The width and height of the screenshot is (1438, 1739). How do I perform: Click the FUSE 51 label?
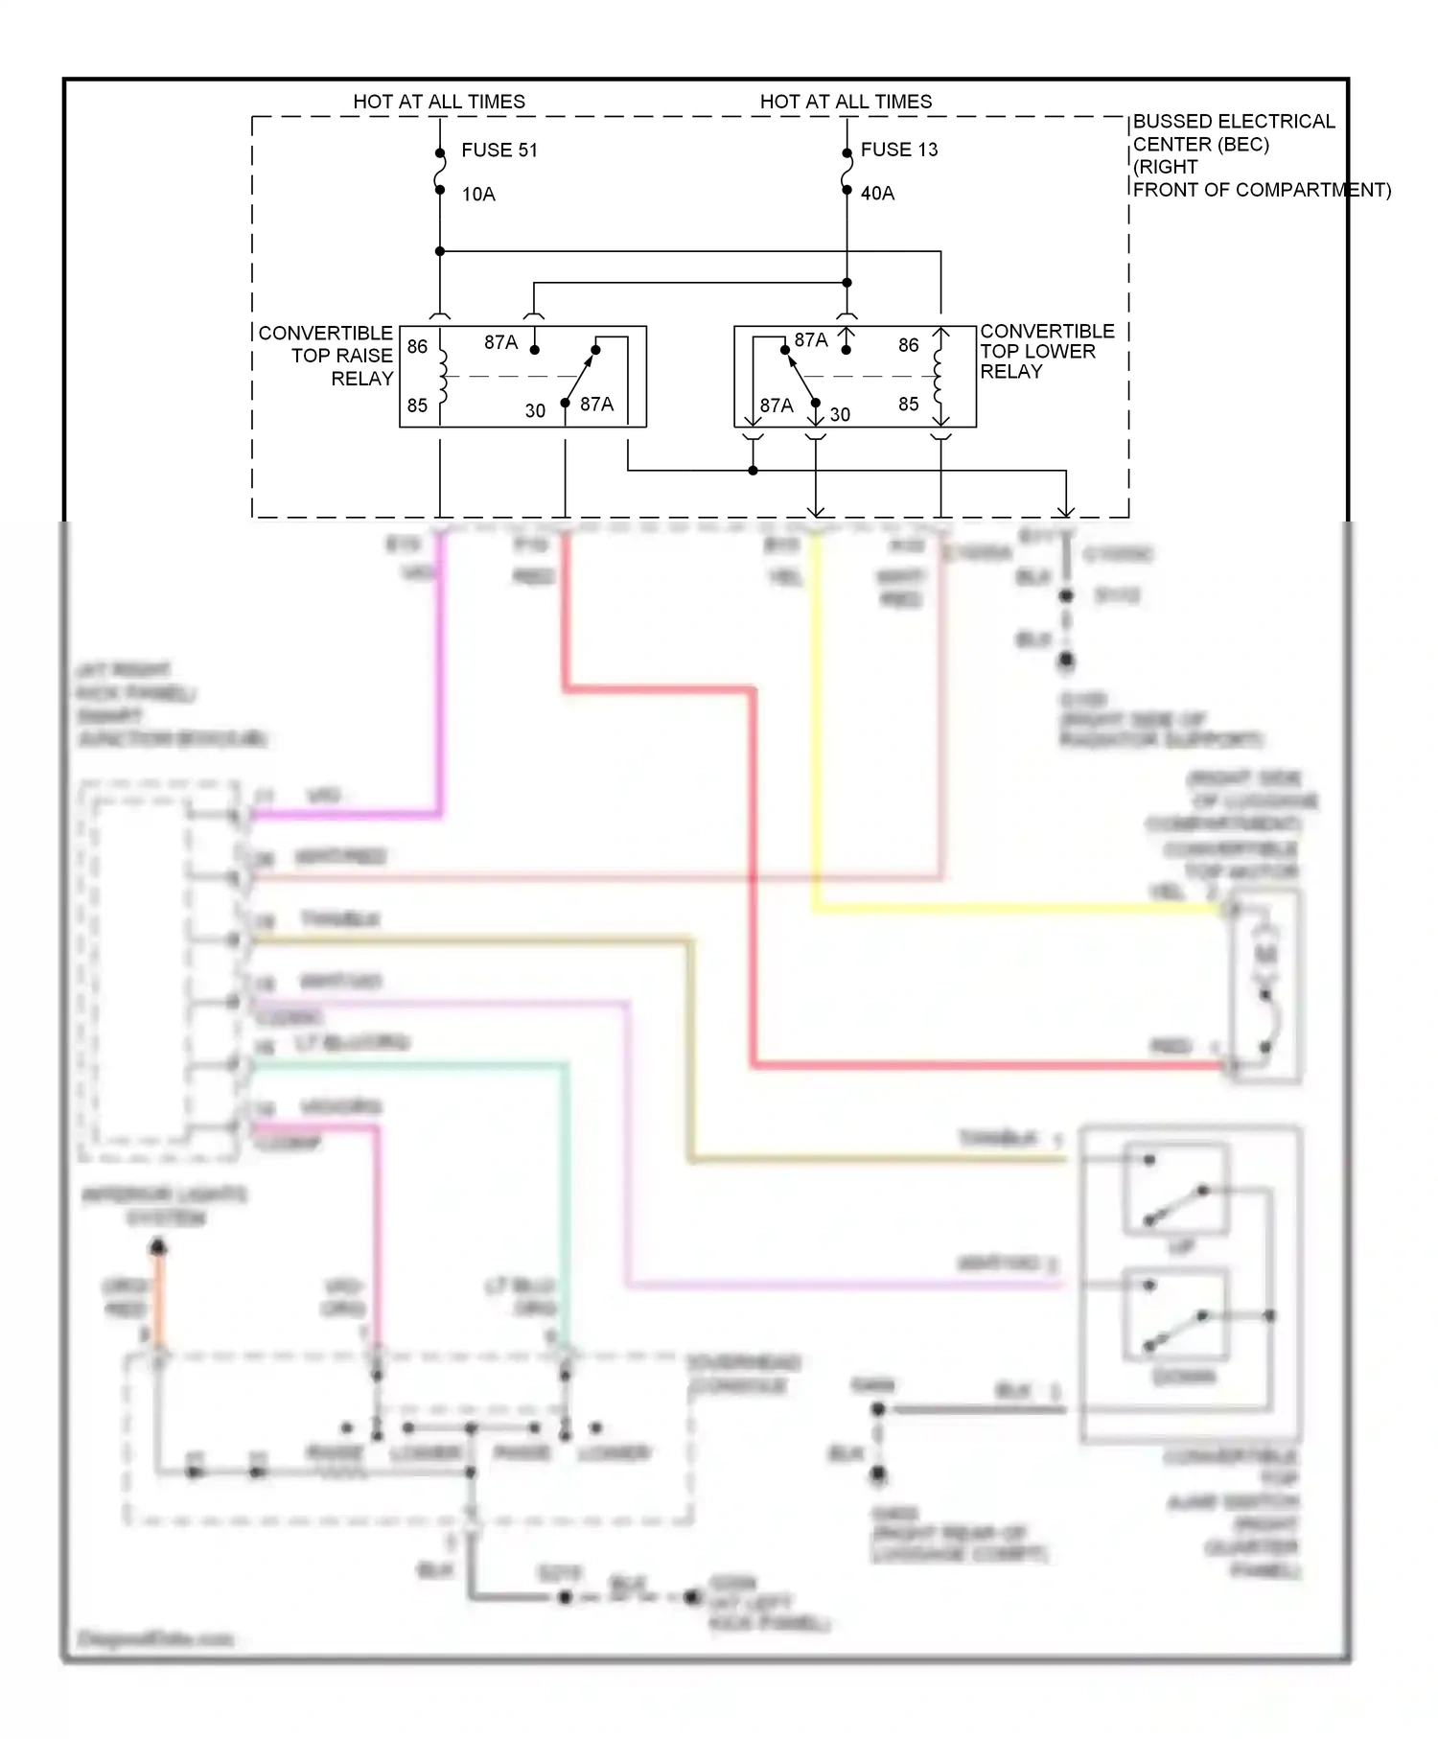click(499, 151)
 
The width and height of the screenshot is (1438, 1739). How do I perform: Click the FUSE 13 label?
click(898, 150)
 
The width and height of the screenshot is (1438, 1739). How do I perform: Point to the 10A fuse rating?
click(477, 195)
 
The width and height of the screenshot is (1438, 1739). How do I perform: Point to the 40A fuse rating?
click(877, 194)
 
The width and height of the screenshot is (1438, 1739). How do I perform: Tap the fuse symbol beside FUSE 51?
click(440, 172)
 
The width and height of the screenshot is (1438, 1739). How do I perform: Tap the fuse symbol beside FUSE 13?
click(847, 172)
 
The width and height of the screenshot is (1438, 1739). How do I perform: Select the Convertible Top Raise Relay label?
click(326, 356)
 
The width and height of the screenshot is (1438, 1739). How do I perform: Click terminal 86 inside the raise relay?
click(417, 346)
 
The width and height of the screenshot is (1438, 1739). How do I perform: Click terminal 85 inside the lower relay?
click(908, 405)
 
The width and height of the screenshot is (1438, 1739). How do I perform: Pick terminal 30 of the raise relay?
click(535, 411)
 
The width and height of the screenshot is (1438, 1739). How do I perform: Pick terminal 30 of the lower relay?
click(840, 414)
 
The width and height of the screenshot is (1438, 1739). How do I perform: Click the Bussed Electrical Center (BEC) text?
click(1233, 133)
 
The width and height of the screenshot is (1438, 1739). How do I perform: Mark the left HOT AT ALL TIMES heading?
click(439, 102)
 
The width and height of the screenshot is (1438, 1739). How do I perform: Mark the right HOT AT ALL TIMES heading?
click(846, 102)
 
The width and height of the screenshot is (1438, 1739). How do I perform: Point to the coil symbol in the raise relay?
click(443, 377)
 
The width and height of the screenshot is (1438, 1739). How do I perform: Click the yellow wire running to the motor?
click(1007, 908)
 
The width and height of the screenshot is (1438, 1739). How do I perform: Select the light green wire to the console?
click(566, 1198)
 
